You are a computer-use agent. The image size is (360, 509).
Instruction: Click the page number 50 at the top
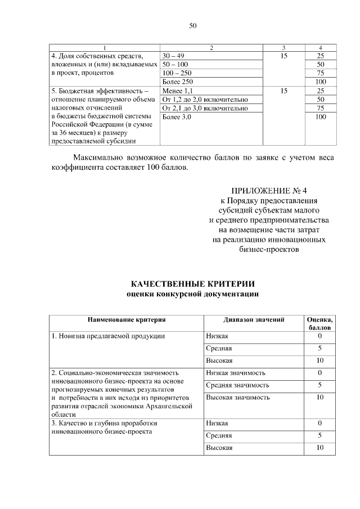(192, 26)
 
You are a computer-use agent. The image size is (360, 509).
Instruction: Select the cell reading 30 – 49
(172, 56)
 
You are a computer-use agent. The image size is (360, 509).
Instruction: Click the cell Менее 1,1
(177, 91)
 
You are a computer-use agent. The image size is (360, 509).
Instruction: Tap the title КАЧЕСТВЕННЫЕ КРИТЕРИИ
(192, 283)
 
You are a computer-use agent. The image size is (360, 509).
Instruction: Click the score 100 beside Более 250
(321, 82)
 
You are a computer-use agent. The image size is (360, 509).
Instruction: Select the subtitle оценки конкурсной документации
(192, 294)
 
